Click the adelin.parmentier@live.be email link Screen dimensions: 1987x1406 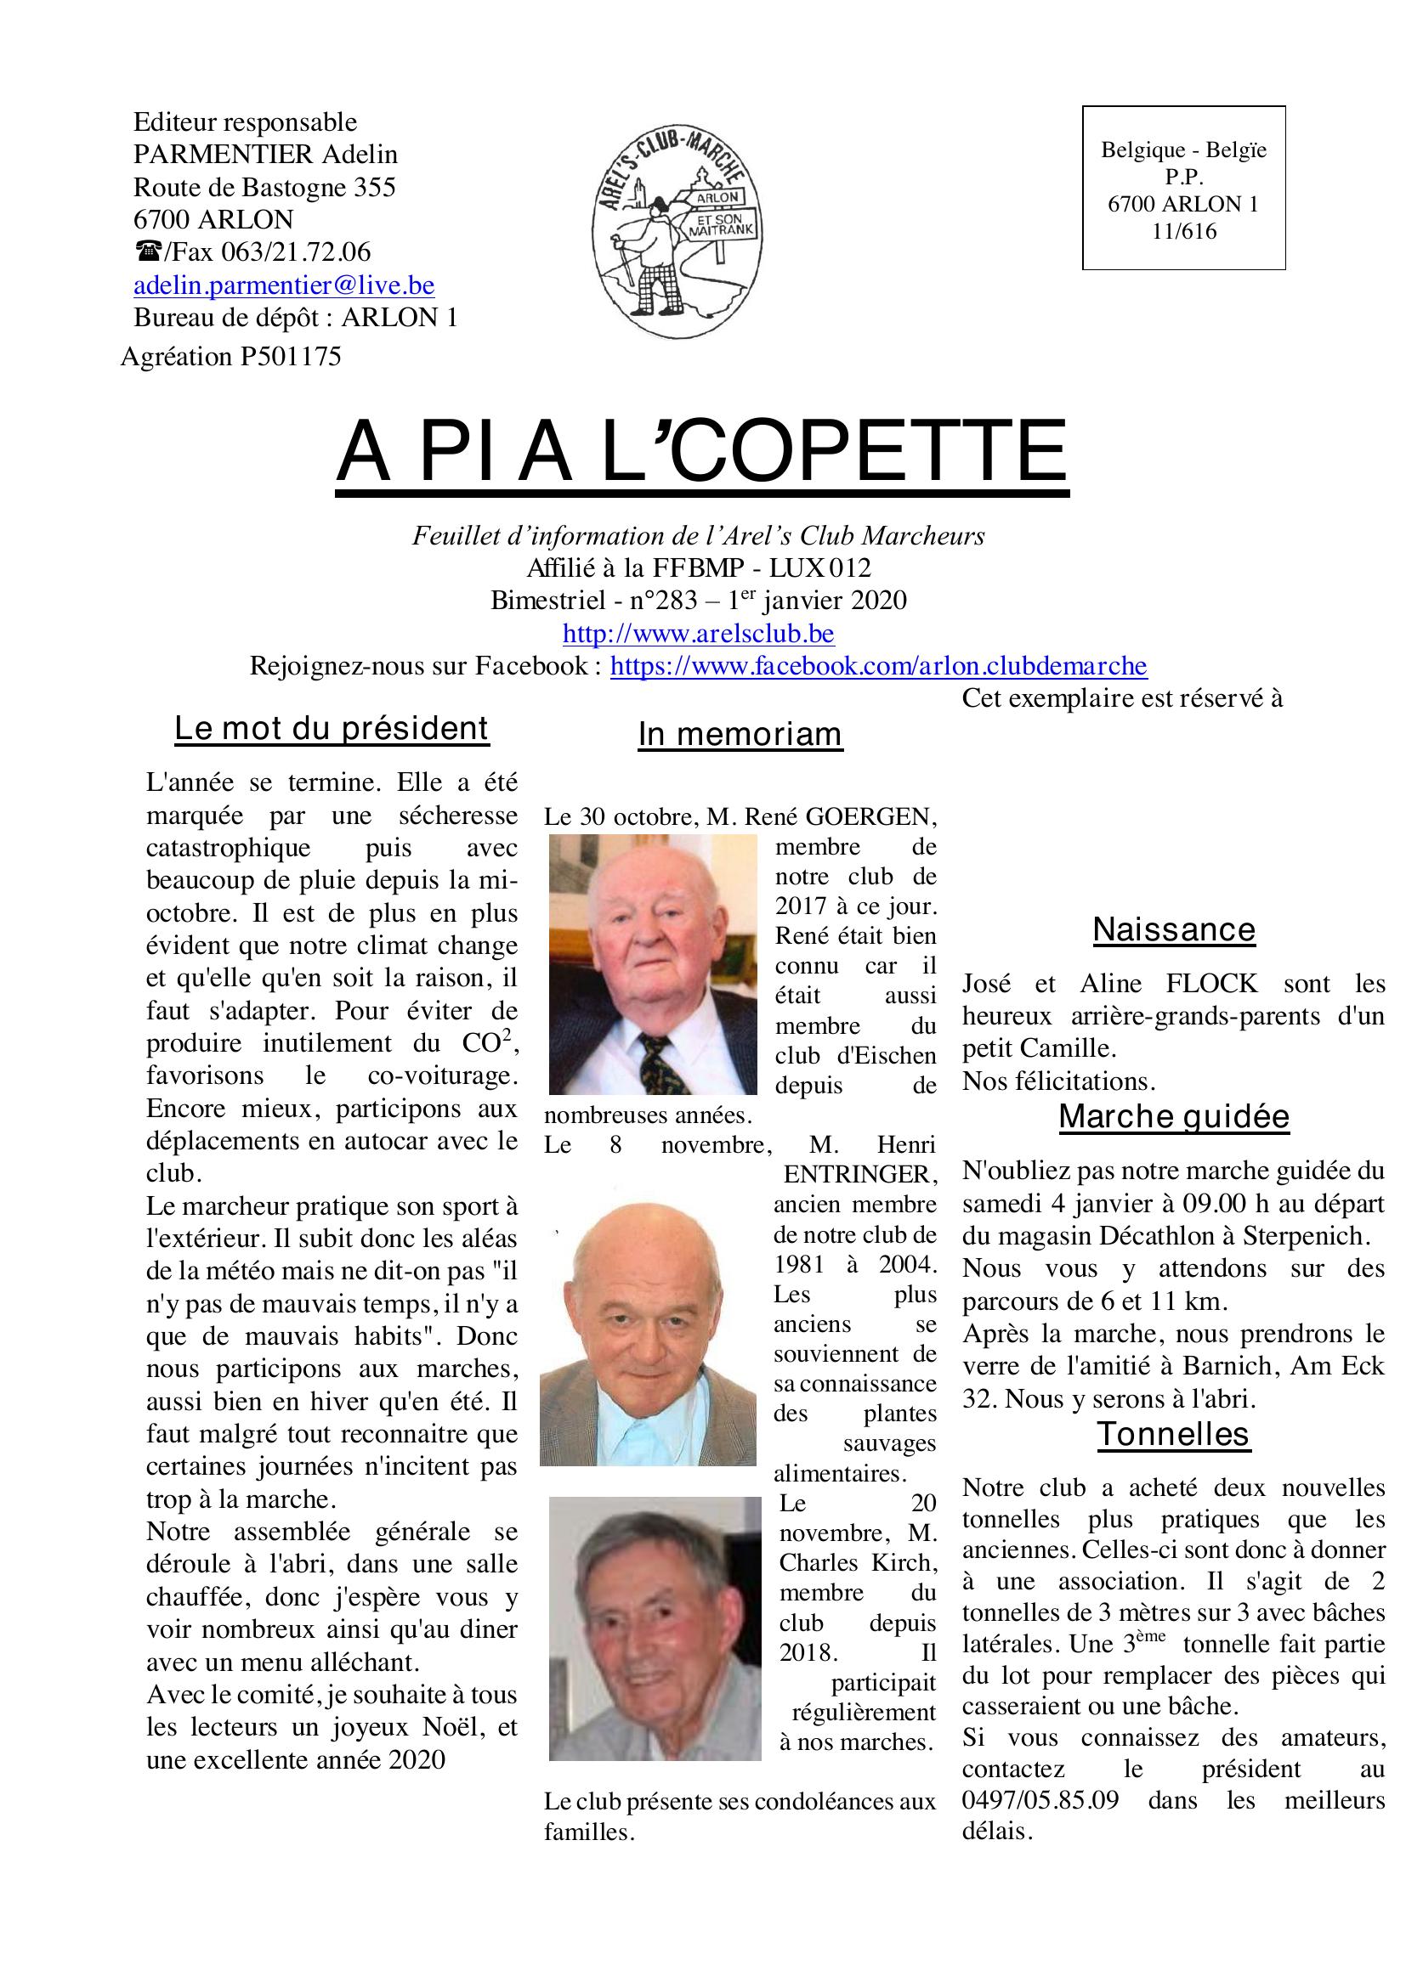(x=283, y=285)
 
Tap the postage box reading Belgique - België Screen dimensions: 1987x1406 (x=1182, y=189)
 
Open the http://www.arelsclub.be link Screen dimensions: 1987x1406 (x=698, y=634)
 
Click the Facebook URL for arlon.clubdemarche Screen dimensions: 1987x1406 (x=878, y=666)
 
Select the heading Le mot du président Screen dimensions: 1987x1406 (x=332, y=729)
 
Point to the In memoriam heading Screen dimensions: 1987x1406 (x=740, y=734)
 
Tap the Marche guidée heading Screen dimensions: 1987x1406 (x=1173, y=1116)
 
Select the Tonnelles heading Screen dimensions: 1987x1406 (x=1173, y=1435)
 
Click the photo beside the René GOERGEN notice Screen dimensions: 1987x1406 (x=653, y=964)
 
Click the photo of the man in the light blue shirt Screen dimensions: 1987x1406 (x=648, y=1333)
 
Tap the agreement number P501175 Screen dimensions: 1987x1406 (x=290, y=357)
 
